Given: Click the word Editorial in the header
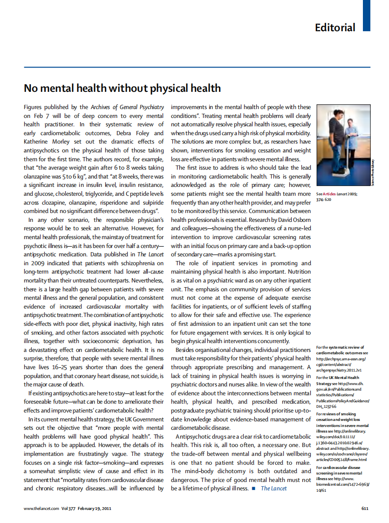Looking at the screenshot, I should click(x=334, y=28).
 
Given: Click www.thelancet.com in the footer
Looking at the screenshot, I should click(x=41, y=508).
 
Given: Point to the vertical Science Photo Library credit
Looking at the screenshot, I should click(x=373, y=173).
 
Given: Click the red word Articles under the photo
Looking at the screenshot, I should click(x=329, y=193).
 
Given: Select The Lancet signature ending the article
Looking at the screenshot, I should click(x=274, y=489).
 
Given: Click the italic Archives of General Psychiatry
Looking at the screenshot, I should click(x=127, y=107).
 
